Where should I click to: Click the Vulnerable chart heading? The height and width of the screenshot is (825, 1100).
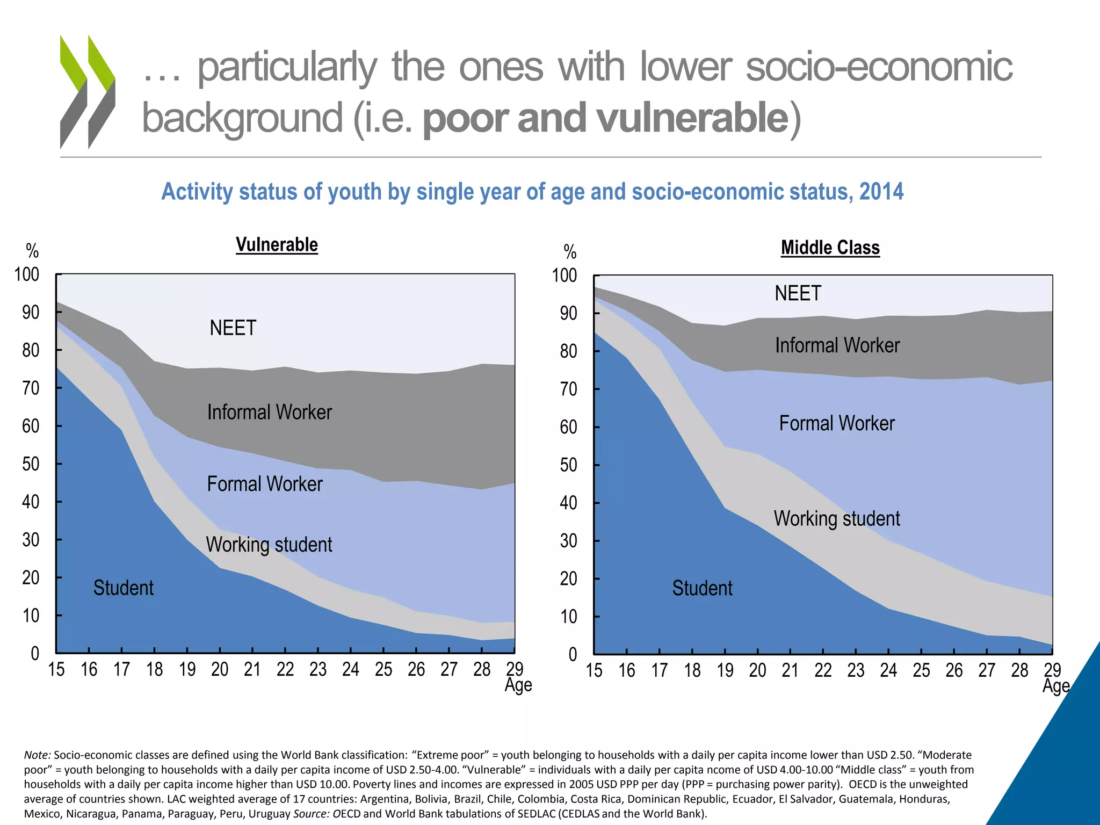(x=277, y=245)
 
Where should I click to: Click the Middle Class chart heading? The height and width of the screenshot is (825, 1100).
(x=830, y=248)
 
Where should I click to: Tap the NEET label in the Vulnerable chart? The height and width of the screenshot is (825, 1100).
(x=233, y=328)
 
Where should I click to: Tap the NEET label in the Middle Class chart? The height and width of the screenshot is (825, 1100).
(x=798, y=293)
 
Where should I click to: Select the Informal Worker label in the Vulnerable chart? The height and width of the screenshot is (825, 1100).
(x=269, y=412)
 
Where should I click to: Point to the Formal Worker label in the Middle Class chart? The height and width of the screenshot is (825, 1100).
(x=836, y=423)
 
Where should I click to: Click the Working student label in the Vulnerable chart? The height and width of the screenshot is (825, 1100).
(x=269, y=545)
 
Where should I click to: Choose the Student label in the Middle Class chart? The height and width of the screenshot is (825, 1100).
(x=702, y=588)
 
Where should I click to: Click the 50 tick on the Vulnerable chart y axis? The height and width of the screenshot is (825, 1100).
(x=31, y=464)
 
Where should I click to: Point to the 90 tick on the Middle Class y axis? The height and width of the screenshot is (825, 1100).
(x=568, y=313)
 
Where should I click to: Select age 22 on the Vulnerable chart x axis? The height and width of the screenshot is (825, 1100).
(x=285, y=669)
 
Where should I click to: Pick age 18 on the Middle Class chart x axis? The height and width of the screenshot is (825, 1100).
(x=692, y=670)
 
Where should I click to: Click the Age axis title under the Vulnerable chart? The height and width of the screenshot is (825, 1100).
(x=518, y=685)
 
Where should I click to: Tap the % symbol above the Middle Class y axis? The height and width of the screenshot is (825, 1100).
(x=570, y=252)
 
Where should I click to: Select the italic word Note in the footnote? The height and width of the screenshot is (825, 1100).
(x=37, y=755)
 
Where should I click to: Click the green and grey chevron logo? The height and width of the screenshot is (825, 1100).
(x=88, y=91)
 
